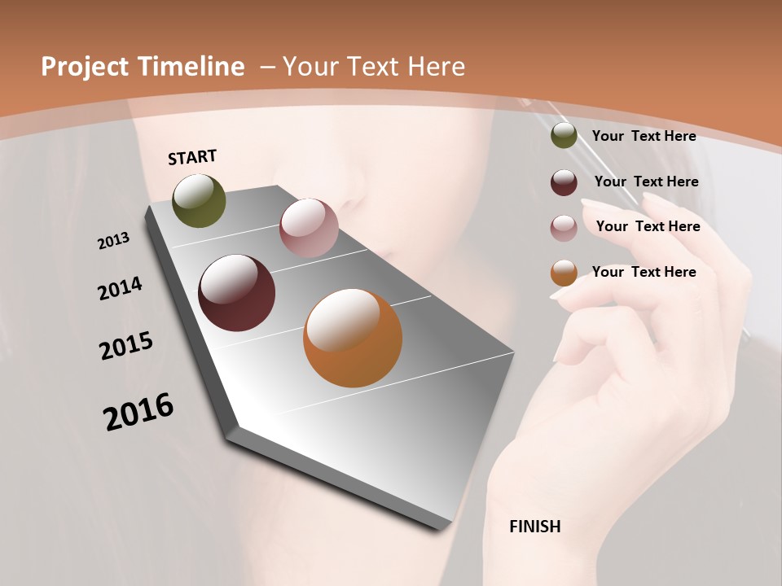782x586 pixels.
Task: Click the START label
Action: (x=192, y=157)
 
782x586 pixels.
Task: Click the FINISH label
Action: (x=535, y=527)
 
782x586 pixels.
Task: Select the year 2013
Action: (x=113, y=240)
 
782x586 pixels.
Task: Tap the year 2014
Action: (x=120, y=289)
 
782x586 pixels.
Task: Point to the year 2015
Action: (x=126, y=345)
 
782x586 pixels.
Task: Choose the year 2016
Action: (x=138, y=412)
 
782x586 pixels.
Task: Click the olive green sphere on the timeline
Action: (x=199, y=201)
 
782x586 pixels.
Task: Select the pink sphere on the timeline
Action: (x=309, y=228)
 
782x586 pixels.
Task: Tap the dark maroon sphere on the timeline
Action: (x=236, y=293)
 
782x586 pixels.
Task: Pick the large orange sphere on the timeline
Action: (x=353, y=338)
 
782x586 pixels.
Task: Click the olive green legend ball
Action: (x=564, y=136)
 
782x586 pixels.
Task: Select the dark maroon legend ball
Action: (x=564, y=182)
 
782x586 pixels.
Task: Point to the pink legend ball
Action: (x=564, y=228)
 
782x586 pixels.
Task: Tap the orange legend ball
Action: (x=564, y=273)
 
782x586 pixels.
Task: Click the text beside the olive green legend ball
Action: (x=644, y=136)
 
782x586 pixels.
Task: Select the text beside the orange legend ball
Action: (x=644, y=272)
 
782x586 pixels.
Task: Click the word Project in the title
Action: (x=86, y=67)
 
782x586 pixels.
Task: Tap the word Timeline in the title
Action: (x=195, y=67)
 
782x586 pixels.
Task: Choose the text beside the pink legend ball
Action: (x=648, y=226)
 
